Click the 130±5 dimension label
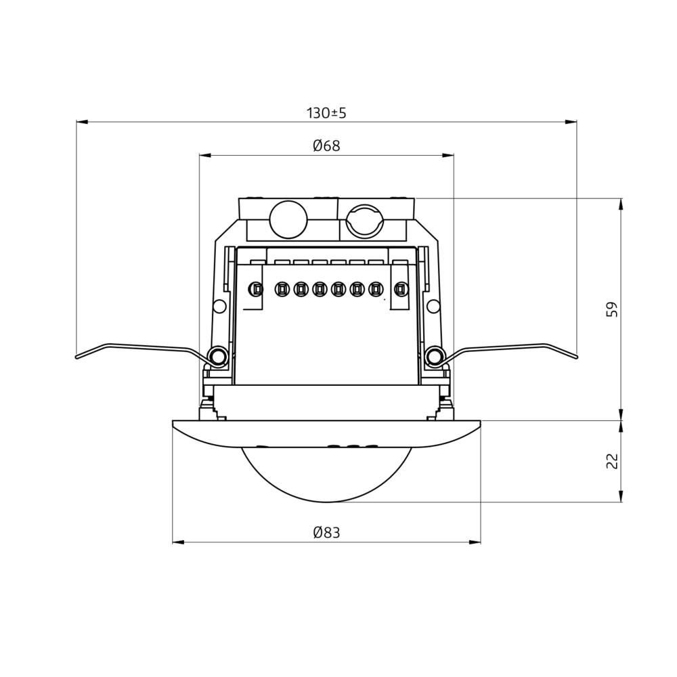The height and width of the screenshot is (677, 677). click(x=326, y=113)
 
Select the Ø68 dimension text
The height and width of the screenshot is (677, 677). click(x=326, y=146)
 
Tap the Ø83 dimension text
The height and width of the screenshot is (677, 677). click(x=326, y=533)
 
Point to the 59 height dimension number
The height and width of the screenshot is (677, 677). click(x=612, y=309)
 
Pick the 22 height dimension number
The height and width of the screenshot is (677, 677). click(x=612, y=461)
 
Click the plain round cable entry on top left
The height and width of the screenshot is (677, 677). click(x=288, y=219)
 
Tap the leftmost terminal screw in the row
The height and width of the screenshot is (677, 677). click(x=256, y=290)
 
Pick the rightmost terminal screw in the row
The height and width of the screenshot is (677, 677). click(x=401, y=290)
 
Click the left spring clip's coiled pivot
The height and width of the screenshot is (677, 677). click(x=217, y=356)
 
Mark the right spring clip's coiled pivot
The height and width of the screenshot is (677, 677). click(x=435, y=356)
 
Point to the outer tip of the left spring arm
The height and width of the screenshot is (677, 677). click(x=77, y=356)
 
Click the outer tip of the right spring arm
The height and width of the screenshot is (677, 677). click(x=576, y=356)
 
